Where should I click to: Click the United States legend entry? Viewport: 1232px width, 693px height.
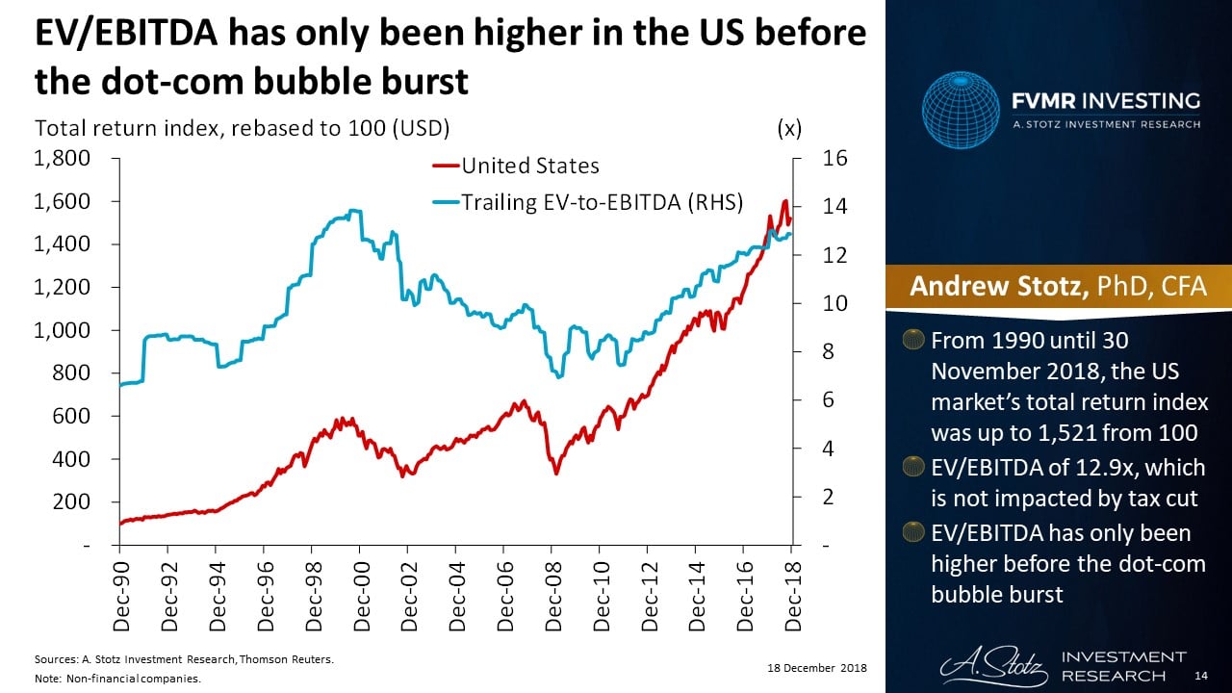(530, 166)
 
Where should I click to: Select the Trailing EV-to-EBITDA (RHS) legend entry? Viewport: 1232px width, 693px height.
(601, 202)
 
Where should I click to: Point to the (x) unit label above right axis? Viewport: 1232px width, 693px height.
(789, 128)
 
